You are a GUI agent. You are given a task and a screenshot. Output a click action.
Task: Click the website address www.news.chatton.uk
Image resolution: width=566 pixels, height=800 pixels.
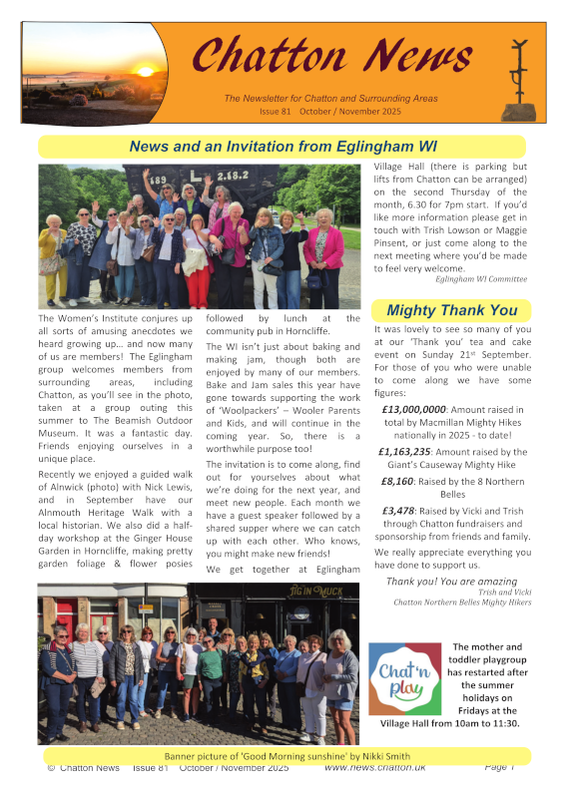coord(375,767)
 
